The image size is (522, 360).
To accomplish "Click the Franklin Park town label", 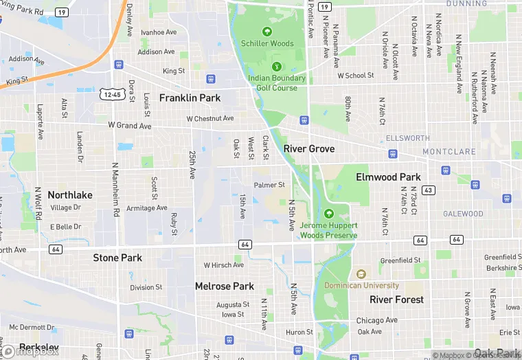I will [x=190, y=98].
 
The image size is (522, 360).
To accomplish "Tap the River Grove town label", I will [x=309, y=149].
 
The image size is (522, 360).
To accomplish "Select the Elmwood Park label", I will [x=388, y=177].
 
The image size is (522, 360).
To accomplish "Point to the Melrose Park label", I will [x=224, y=286].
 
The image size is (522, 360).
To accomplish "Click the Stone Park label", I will [x=117, y=258].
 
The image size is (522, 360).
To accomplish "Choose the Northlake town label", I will [x=70, y=195].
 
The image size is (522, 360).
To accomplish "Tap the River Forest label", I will [x=396, y=300].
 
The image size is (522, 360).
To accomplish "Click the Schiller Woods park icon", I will [x=267, y=31].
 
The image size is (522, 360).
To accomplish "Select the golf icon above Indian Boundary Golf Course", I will [x=277, y=67].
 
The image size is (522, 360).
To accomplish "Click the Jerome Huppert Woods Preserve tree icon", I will [x=328, y=214].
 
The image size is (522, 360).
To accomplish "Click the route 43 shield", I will [x=428, y=190].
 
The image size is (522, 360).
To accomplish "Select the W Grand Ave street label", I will [x=129, y=126].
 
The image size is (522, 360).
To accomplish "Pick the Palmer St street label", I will [x=269, y=185].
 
